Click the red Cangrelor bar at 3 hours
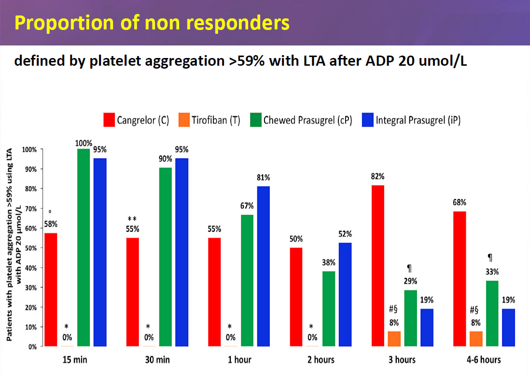pyautogui.click(x=378, y=266)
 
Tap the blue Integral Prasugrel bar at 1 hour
pyautogui.click(x=264, y=266)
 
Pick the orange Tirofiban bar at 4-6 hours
pyautogui.click(x=476, y=339)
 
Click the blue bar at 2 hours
pyautogui.click(x=346, y=294)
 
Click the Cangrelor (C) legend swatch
pyautogui.click(x=109, y=120)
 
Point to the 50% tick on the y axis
pyautogui.click(x=30, y=248)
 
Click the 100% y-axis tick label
pyautogui.click(x=28, y=149)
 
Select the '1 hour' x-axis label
pyautogui.click(x=239, y=360)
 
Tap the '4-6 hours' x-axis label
pyautogui.click(x=484, y=360)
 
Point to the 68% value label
pyautogui.click(x=460, y=202)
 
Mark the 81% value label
pyautogui.click(x=264, y=177)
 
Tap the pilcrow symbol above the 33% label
pyautogui.click(x=491, y=258)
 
